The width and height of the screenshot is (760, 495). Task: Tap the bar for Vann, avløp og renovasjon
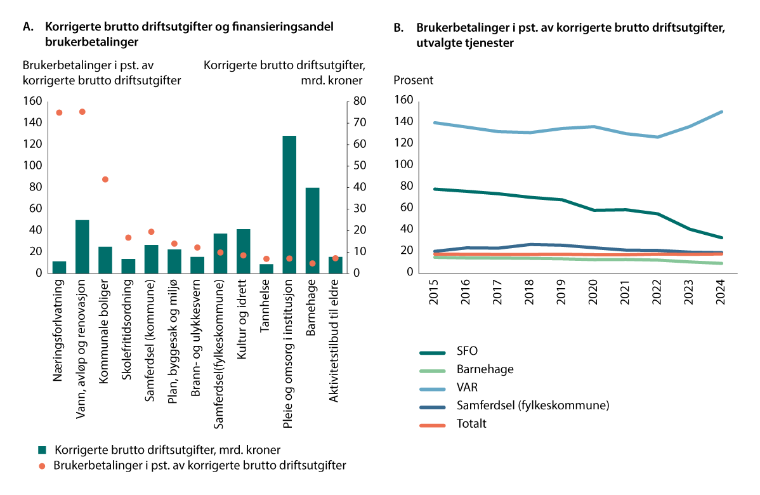tap(82, 246)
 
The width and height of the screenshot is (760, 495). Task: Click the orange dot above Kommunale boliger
tap(105, 180)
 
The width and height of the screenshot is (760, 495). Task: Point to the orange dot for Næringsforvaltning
tap(59, 112)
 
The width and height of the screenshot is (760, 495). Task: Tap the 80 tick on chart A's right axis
tap(358, 102)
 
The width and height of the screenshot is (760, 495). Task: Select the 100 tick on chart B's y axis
tap(403, 165)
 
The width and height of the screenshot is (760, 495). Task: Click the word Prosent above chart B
tap(414, 80)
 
